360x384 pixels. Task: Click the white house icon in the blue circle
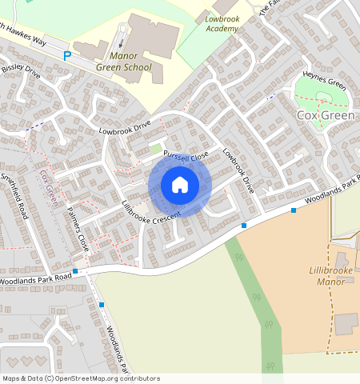pyautogui.click(x=180, y=186)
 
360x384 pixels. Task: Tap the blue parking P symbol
pyautogui.click(x=67, y=56)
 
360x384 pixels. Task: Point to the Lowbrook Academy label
pyautogui.click(x=222, y=23)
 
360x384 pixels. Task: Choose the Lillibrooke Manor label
pyautogui.click(x=330, y=277)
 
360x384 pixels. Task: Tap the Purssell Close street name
pyautogui.click(x=185, y=153)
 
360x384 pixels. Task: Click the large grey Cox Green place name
pyautogui.click(x=325, y=115)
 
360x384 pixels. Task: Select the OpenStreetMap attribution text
pyautogui.click(x=81, y=378)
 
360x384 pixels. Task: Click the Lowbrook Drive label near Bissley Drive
pyautogui.click(x=125, y=126)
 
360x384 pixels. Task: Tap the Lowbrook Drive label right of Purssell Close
pyautogui.click(x=238, y=170)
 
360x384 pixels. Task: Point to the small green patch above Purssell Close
pyautogui.click(x=155, y=149)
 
